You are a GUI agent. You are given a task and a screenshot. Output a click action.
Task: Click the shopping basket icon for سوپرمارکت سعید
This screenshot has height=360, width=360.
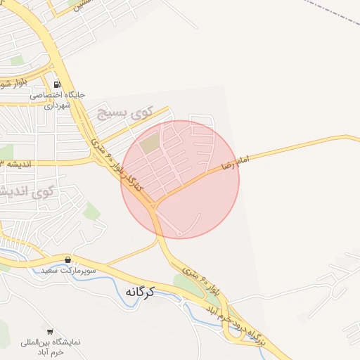[x=67, y=259]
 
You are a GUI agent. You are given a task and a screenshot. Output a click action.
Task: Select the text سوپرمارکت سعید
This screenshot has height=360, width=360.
[x=67, y=269]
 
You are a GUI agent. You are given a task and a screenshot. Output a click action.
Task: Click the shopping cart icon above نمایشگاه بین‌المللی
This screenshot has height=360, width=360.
[x=50, y=330]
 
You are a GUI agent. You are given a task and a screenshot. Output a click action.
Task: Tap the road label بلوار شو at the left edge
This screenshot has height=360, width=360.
[x=11, y=84]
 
